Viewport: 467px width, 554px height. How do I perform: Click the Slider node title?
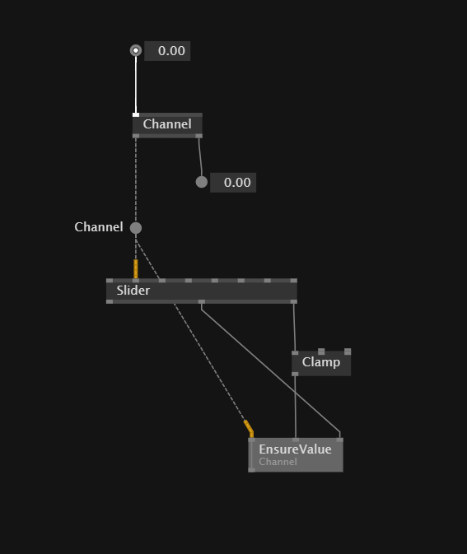pyautogui.click(x=133, y=291)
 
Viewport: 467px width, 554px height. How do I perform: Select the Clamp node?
pyautogui.click(x=321, y=362)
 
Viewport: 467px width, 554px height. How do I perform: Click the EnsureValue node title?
pyautogui.click(x=295, y=449)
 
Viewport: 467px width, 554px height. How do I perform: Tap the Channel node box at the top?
pyautogui.click(x=167, y=125)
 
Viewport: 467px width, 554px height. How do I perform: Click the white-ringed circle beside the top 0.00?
pyautogui.click(x=136, y=50)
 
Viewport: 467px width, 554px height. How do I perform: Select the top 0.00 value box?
pyautogui.click(x=167, y=51)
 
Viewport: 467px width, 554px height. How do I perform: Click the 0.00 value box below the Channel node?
pyautogui.click(x=233, y=183)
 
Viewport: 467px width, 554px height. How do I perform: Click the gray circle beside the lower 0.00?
pyautogui.click(x=202, y=182)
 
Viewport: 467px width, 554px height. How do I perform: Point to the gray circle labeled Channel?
pyautogui.click(x=136, y=228)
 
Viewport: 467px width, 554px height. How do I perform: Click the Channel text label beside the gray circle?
pyautogui.click(x=99, y=227)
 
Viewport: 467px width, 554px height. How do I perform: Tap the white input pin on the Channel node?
pyautogui.click(x=136, y=114)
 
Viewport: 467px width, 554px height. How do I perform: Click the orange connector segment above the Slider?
pyautogui.click(x=136, y=269)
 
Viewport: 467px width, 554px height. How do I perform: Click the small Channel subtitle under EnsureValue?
pyautogui.click(x=278, y=462)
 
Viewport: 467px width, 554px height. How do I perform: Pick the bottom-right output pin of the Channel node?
pyautogui.click(x=199, y=136)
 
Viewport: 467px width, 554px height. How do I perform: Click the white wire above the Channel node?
pyautogui.click(x=136, y=85)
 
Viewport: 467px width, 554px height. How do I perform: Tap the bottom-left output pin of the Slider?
pyautogui.click(x=110, y=302)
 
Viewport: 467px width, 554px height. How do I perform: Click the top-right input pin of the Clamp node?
pyautogui.click(x=348, y=351)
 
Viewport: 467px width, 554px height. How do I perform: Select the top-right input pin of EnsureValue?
pyautogui.click(x=339, y=440)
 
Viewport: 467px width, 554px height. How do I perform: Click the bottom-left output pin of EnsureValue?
pyautogui.click(x=252, y=470)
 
